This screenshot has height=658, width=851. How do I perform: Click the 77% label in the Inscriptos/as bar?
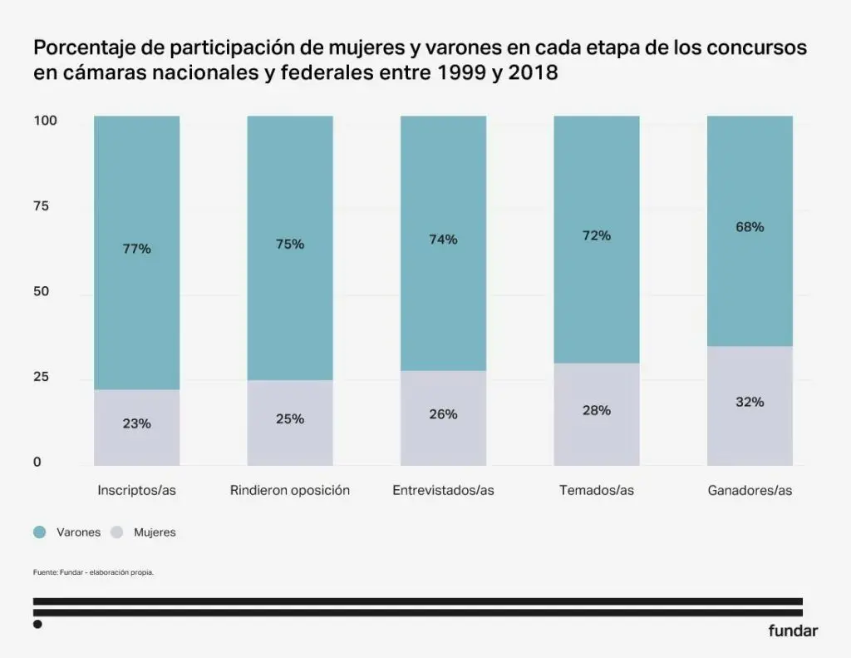click(x=137, y=249)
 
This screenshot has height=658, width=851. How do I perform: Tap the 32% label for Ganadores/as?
click(x=750, y=402)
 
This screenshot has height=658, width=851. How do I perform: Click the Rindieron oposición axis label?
click(x=290, y=491)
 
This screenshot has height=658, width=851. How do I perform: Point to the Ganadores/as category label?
click(x=750, y=491)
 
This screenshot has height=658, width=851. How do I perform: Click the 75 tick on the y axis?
click(x=42, y=206)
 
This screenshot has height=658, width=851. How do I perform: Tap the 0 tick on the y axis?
click(x=37, y=463)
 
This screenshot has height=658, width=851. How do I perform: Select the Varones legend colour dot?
click(x=40, y=532)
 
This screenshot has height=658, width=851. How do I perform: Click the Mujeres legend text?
click(x=155, y=532)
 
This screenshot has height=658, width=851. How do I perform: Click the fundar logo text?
click(x=793, y=631)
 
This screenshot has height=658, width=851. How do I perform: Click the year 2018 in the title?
click(x=532, y=73)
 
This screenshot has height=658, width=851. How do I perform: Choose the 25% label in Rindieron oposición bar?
click(x=290, y=419)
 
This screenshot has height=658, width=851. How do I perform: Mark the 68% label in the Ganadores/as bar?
click(x=750, y=227)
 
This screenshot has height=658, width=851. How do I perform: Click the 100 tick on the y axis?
click(x=45, y=121)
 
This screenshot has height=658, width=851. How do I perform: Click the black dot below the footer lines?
click(x=37, y=624)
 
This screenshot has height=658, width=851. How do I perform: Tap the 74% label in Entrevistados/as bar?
click(x=443, y=240)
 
